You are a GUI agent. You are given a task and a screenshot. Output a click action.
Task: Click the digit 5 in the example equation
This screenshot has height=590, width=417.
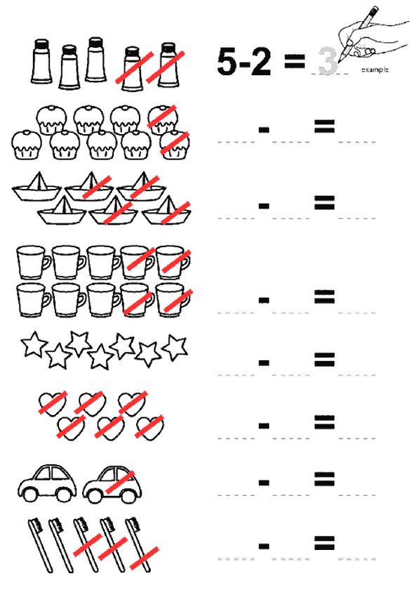[x=227, y=61]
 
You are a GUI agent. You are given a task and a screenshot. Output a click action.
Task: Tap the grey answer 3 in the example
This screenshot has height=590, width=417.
[x=328, y=61]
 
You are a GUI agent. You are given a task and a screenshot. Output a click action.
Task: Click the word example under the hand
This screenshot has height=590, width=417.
[x=374, y=70]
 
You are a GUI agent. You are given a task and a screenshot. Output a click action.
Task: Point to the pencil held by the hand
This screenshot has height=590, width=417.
[x=357, y=34]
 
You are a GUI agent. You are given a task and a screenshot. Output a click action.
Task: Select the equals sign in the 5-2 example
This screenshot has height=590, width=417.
[x=294, y=61]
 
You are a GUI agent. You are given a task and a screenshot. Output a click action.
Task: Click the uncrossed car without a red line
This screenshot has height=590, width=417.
[x=47, y=483]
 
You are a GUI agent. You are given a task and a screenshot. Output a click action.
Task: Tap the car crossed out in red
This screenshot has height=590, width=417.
[x=112, y=485]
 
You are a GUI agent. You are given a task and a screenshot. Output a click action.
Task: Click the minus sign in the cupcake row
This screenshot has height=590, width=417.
[x=264, y=130]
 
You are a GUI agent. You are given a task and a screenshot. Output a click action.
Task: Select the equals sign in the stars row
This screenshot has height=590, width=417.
[x=324, y=360]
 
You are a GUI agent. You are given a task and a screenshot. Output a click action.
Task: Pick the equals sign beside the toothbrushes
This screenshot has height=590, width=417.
[x=324, y=542]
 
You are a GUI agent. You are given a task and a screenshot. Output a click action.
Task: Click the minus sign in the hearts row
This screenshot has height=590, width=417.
[x=264, y=426]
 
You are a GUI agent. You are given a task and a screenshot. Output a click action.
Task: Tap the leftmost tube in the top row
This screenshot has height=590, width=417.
[x=41, y=61]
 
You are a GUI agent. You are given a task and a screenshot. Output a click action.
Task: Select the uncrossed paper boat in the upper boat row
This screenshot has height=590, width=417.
[x=37, y=187]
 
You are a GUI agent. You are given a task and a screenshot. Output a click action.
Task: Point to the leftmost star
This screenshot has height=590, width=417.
[x=34, y=344]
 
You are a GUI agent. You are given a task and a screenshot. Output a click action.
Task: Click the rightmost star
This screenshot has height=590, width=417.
[x=175, y=347]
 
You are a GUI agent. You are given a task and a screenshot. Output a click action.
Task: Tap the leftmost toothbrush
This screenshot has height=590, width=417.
[x=41, y=545]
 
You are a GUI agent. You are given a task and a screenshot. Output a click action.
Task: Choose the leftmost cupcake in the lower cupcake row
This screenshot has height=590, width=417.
[x=26, y=145]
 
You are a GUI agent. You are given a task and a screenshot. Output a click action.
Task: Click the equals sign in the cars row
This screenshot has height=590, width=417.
[x=324, y=479]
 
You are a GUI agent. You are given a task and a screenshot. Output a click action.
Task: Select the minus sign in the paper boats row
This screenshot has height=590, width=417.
[x=264, y=206]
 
